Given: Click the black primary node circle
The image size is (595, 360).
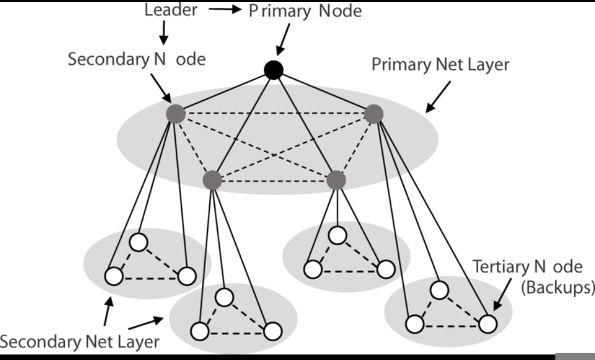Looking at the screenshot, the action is [x=274, y=70].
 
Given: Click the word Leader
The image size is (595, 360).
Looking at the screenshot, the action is [x=171, y=10].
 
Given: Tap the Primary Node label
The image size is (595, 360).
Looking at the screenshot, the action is [x=305, y=11].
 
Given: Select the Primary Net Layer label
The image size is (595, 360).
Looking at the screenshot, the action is [x=440, y=64].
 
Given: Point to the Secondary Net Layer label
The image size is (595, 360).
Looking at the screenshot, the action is [x=80, y=342].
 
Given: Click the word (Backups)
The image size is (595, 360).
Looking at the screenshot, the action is [x=558, y=287].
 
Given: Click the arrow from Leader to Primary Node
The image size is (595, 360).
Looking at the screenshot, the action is [x=225, y=9].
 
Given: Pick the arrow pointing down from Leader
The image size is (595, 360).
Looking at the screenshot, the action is [x=164, y=33].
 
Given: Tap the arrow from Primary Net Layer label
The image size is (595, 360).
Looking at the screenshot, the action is [x=438, y=97].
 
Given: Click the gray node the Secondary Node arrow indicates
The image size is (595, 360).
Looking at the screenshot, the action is [x=176, y=114].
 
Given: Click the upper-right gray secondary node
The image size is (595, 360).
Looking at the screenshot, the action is [x=374, y=114].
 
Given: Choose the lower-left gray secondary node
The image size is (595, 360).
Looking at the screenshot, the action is [x=213, y=180].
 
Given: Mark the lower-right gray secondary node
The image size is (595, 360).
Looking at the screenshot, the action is [x=336, y=180].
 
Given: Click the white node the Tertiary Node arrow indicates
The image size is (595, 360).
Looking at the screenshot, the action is [x=488, y=324].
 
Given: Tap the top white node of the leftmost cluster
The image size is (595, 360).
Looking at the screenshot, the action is [x=138, y=242].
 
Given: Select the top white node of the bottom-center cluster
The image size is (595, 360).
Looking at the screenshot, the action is [x=224, y=297].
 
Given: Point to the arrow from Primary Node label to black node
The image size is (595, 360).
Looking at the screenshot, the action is [x=283, y=40].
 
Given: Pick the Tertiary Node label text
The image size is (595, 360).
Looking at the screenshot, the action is [x=527, y=267].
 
